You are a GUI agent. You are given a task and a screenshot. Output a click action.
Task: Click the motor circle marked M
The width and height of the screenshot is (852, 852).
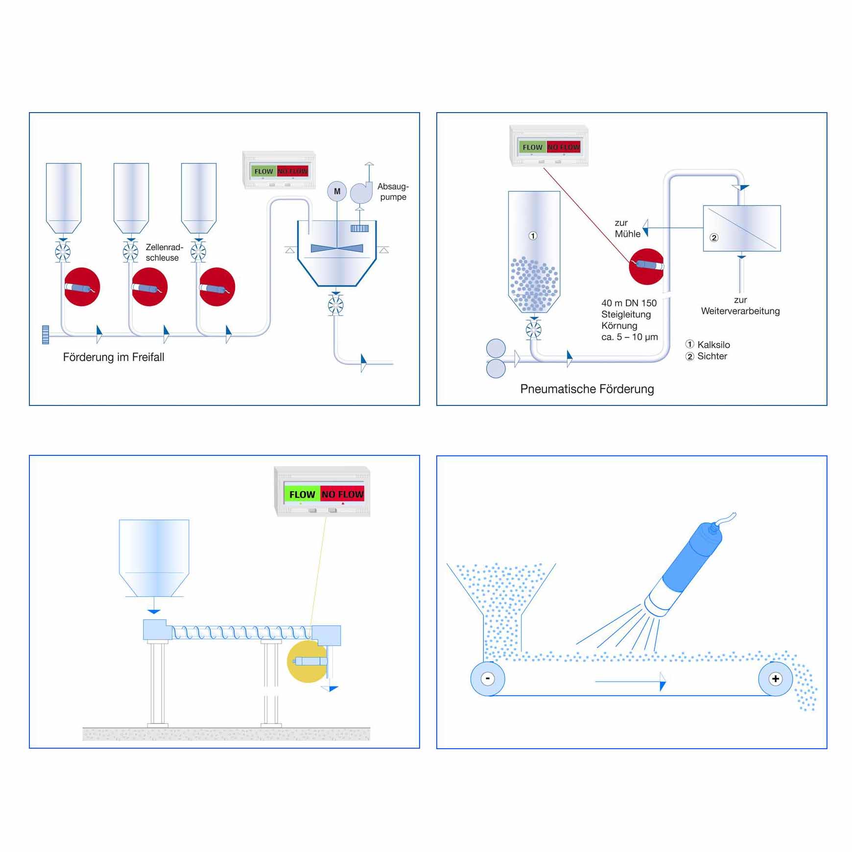[x=337, y=191]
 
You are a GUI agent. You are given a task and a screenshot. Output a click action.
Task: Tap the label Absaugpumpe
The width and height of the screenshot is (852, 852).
[x=393, y=191]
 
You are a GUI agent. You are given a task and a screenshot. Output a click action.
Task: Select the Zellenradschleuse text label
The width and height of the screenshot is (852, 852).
[x=164, y=253]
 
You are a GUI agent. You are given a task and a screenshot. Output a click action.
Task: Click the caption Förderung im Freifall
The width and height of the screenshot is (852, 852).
[x=114, y=357]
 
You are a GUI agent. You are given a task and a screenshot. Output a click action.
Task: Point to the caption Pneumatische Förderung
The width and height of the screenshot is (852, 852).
[x=587, y=389]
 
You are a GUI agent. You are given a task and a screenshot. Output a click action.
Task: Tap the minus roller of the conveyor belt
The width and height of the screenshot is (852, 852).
[x=488, y=679]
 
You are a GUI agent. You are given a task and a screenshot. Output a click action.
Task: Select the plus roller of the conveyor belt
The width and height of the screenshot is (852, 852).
[x=775, y=679]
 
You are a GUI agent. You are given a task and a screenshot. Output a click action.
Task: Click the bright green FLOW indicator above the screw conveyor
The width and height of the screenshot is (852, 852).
[x=302, y=495]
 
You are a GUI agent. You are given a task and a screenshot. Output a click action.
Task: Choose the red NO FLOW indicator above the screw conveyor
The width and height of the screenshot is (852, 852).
[x=342, y=495]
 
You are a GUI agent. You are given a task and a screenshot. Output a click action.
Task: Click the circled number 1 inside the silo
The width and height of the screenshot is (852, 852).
[x=533, y=236]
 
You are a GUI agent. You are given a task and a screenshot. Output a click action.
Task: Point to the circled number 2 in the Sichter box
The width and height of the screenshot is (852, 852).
[x=714, y=238]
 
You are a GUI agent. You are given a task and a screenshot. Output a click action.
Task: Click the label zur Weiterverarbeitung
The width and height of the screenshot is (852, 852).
[x=740, y=306]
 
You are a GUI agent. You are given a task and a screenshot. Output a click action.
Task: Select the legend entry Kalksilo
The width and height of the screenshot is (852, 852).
[x=713, y=345]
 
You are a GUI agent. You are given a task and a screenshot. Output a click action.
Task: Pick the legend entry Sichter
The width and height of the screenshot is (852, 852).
[x=711, y=356]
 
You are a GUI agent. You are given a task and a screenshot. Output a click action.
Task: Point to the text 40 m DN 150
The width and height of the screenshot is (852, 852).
[x=629, y=303]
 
